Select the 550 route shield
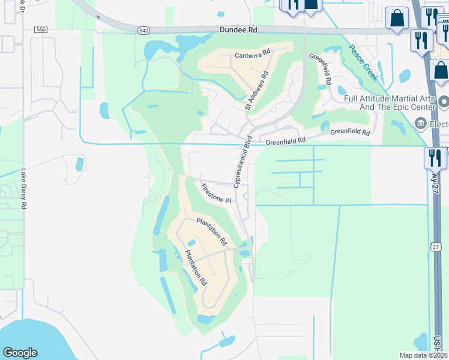click(40, 29)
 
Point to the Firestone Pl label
click(215, 193)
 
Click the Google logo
click(20, 353)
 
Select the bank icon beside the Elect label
click(420, 124)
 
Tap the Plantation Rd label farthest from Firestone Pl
click(196, 267)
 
